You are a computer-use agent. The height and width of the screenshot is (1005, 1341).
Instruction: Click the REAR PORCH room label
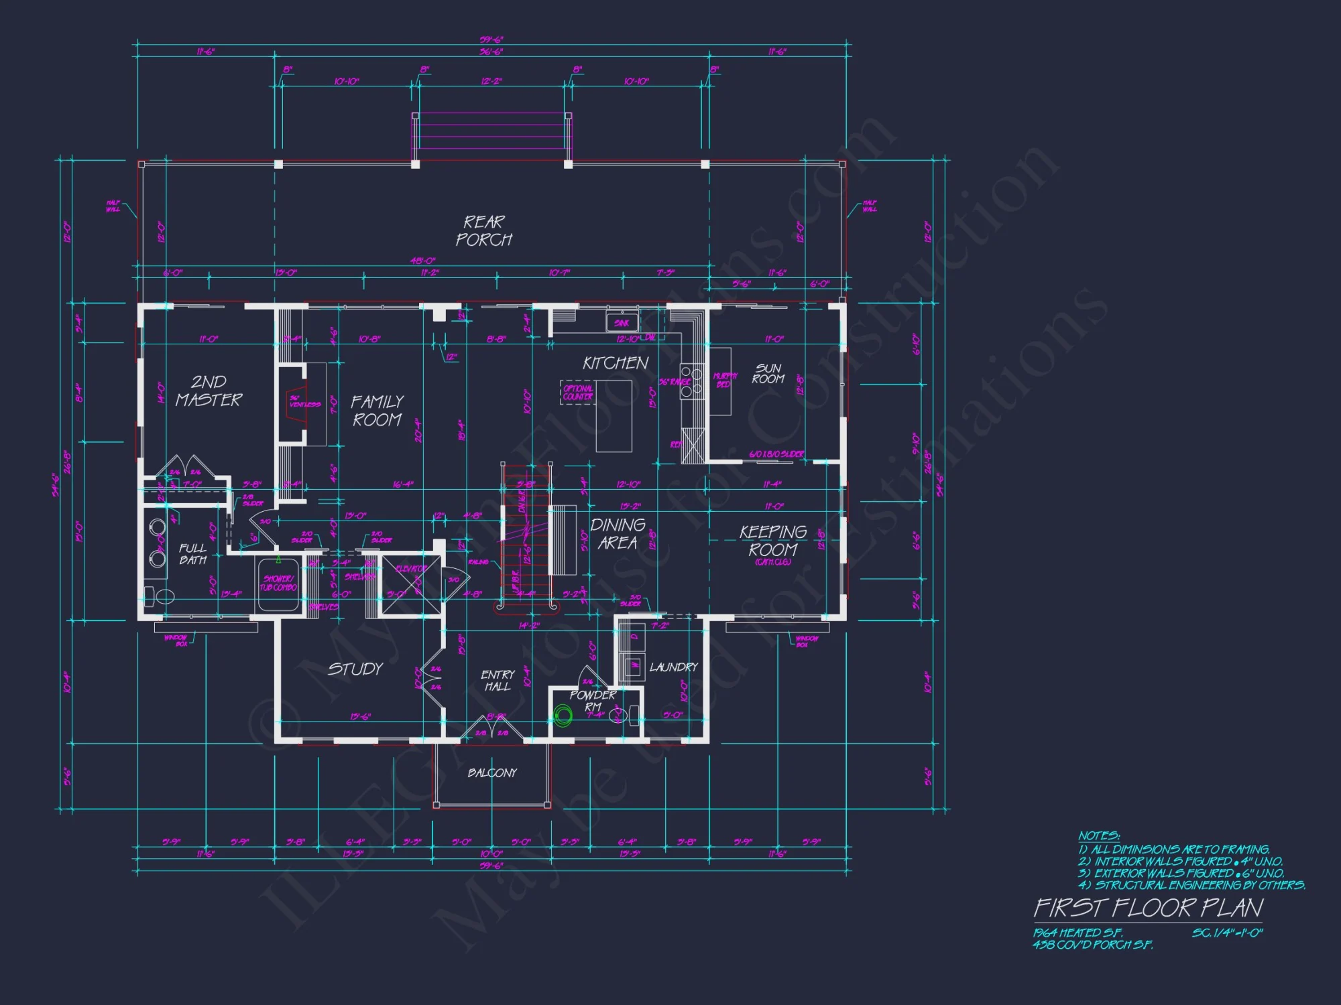click(x=484, y=231)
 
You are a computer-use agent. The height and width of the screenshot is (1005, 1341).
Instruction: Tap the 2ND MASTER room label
click(x=209, y=391)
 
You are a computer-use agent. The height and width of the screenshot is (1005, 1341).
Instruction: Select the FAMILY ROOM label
click(x=377, y=411)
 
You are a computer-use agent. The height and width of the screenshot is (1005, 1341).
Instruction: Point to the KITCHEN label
click(x=616, y=363)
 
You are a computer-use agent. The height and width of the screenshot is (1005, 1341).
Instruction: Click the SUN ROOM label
click(x=768, y=374)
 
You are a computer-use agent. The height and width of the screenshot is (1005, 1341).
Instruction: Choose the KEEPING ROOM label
click(x=773, y=541)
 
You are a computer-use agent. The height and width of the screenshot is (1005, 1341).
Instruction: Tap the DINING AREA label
click(x=618, y=534)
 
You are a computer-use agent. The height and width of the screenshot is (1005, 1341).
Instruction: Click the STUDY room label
click(x=355, y=669)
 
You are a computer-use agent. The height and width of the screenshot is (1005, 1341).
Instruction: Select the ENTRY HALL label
click(x=498, y=681)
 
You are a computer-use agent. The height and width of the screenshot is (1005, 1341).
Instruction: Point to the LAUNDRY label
click(x=673, y=667)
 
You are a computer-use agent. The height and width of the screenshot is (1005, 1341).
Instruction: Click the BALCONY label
click(x=492, y=773)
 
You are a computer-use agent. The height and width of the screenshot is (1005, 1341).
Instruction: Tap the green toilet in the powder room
click(x=563, y=717)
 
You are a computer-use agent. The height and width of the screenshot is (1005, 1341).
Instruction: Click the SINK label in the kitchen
click(x=622, y=324)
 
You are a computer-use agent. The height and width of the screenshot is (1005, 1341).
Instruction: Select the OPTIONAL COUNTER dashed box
click(x=577, y=393)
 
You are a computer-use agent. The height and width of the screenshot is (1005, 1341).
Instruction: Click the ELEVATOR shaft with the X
click(x=410, y=584)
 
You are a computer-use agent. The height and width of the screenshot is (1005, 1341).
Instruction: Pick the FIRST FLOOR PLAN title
click(x=1148, y=909)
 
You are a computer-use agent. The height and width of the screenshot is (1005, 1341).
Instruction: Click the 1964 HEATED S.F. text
click(x=1077, y=933)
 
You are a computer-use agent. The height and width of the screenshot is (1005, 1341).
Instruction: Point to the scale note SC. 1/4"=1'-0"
click(x=1227, y=933)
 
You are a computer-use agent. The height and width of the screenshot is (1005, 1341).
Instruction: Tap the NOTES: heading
click(x=1098, y=836)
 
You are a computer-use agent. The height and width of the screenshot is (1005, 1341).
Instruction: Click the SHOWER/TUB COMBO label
click(x=278, y=583)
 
